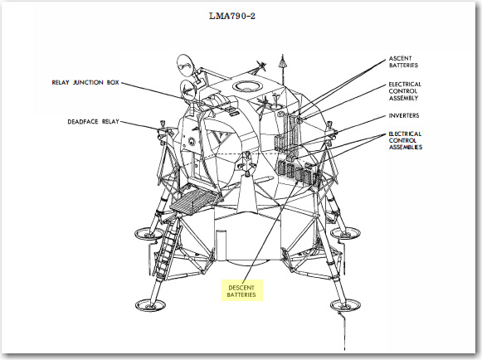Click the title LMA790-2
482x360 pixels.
click(232, 16)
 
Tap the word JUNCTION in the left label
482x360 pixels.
click(88, 82)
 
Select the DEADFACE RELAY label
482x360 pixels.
click(93, 122)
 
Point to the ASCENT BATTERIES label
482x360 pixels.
click(403, 61)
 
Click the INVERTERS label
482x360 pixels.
click(404, 115)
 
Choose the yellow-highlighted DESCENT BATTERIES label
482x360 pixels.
click(241, 291)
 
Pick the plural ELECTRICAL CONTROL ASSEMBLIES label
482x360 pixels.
click(405, 140)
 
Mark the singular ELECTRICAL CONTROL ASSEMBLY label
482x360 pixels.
click(405, 91)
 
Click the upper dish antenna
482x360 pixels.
click(185, 66)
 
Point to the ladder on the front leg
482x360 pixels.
click(166, 246)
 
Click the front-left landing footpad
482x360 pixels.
click(151, 305)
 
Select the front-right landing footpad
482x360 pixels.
click(345, 304)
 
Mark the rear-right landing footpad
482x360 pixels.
click(345, 233)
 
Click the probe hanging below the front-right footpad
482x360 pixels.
click(343, 331)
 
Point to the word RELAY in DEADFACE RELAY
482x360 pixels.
click(110, 122)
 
